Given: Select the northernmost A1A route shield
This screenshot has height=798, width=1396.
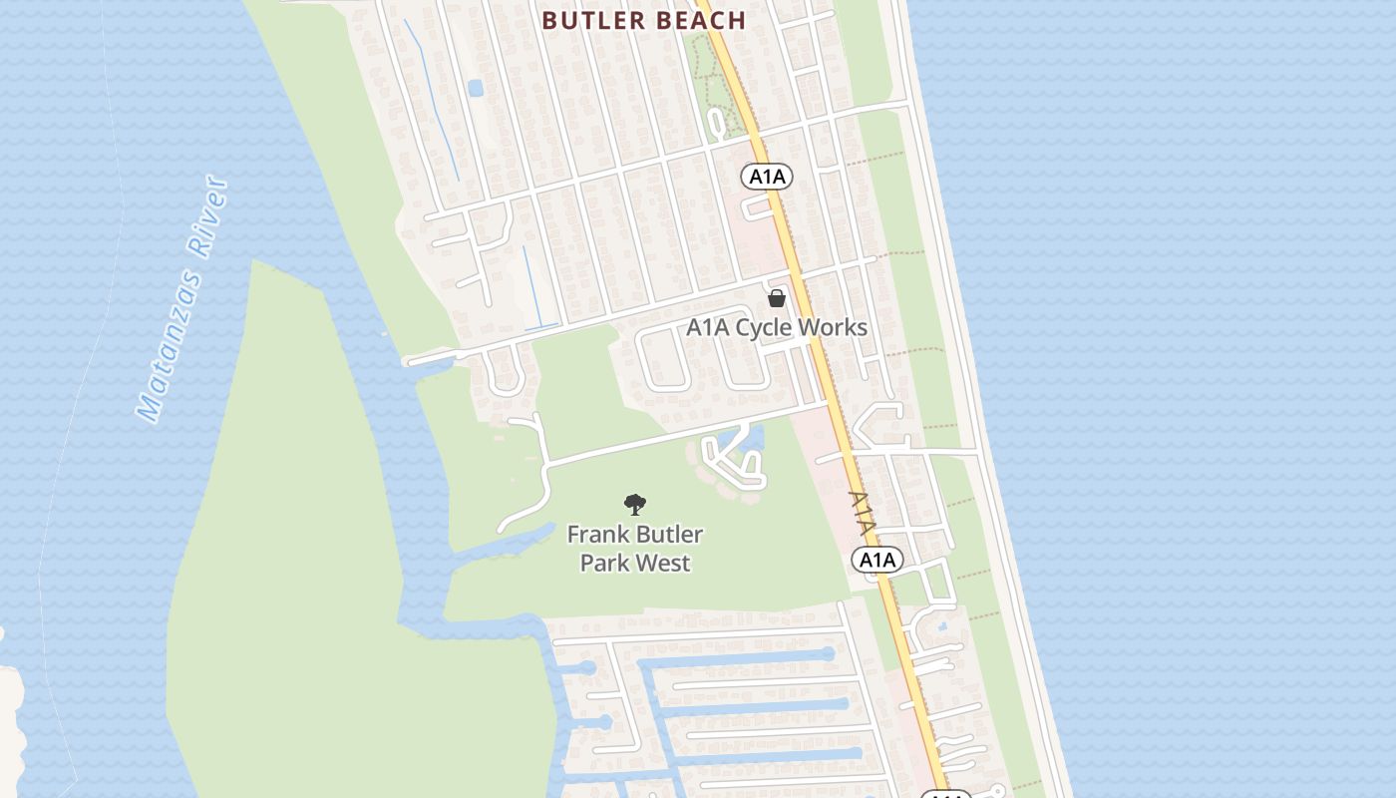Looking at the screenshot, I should [x=767, y=178].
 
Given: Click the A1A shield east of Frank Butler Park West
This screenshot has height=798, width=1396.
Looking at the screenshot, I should [x=877, y=560].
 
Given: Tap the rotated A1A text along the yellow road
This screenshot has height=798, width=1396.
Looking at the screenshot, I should [x=864, y=514].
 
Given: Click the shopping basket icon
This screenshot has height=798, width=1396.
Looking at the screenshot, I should [x=777, y=298].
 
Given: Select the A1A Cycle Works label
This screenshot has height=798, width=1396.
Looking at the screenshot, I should [x=777, y=327].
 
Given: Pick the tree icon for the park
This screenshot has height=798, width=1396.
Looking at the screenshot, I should [x=634, y=505].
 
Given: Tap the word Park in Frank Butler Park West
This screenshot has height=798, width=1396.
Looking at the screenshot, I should [x=604, y=563].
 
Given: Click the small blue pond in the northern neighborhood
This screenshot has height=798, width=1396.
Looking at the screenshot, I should [x=475, y=88].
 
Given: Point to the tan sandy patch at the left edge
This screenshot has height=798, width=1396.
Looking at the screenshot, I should [x=10, y=718].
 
